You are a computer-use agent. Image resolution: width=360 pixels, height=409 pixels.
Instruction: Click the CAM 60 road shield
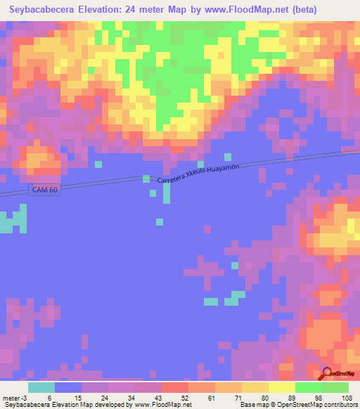pos(44,190)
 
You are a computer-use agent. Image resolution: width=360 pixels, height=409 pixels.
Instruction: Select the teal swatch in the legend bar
pos(41,387)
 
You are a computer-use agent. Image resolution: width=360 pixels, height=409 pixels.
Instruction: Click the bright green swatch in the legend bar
pos(308,387)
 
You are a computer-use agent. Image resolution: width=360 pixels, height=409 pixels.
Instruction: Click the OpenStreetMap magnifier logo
pos(327,374)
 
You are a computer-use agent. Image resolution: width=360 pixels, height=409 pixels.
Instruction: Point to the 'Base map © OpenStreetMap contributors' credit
pos(298,405)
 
